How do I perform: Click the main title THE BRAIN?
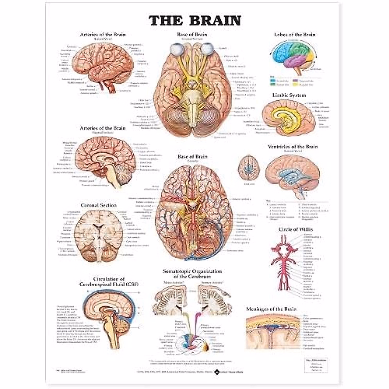point(195,20)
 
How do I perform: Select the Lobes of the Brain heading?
point(294,35)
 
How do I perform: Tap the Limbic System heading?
point(289,95)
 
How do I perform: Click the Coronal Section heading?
point(99,205)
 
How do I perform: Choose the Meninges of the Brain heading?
point(271,309)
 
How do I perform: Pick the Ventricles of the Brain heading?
point(293,147)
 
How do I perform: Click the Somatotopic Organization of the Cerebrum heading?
point(193,274)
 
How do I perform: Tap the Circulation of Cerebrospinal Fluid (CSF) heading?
point(109,282)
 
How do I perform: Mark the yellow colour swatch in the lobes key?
point(295,85)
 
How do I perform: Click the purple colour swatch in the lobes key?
point(295,80)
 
